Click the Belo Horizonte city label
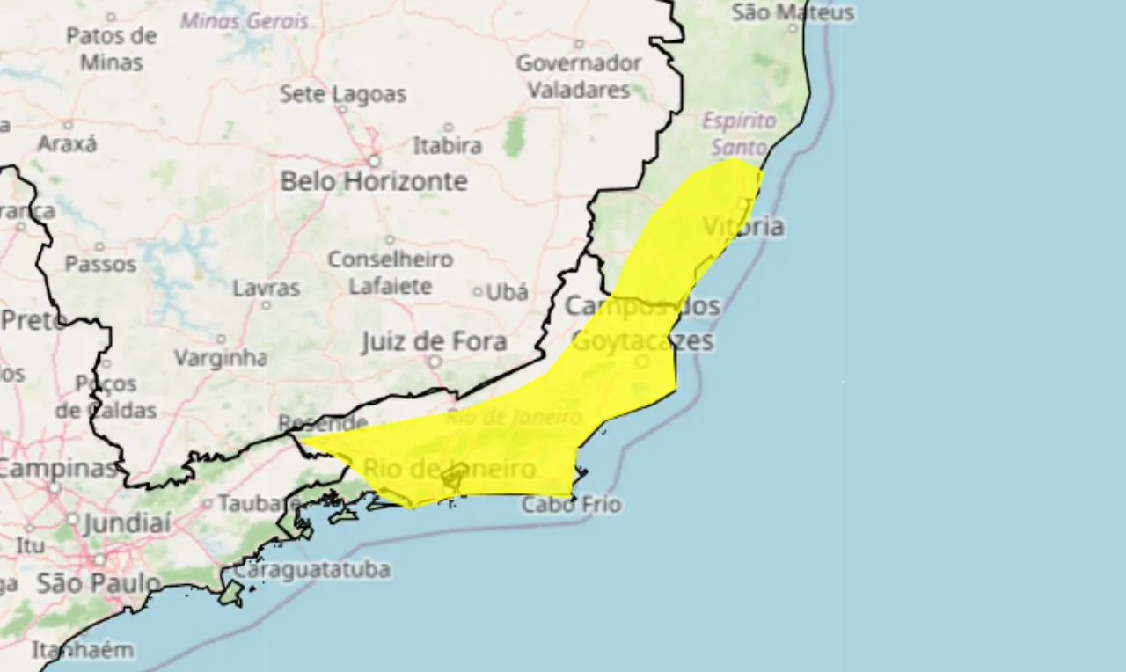pyautogui.click(x=374, y=182)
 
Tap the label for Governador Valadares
pyautogui.click(x=579, y=77)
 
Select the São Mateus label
pyautogui.click(x=793, y=12)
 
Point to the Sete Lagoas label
pyautogui.click(x=343, y=94)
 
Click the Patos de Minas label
pyautogui.click(x=111, y=48)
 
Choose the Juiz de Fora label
pyautogui.click(x=434, y=341)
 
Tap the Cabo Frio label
pyautogui.click(x=571, y=505)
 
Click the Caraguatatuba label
pyautogui.click(x=311, y=570)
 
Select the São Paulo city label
pyautogui.click(x=99, y=582)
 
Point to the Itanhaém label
pyautogui.click(x=83, y=651)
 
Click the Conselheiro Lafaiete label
pyautogui.click(x=391, y=273)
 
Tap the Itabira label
pyautogui.click(x=448, y=145)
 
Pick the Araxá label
pyautogui.click(x=67, y=143)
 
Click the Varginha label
pyautogui.click(x=220, y=358)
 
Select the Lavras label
pyautogui.click(x=266, y=289)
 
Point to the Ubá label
pyautogui.click(x=507, y=292)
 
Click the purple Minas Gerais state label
pyautogui.click(x=245, y=21)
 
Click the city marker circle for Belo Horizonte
pyautogui.click(x=374, y=162)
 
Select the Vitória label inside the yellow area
pyautogui.click(x=743, y=227)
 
